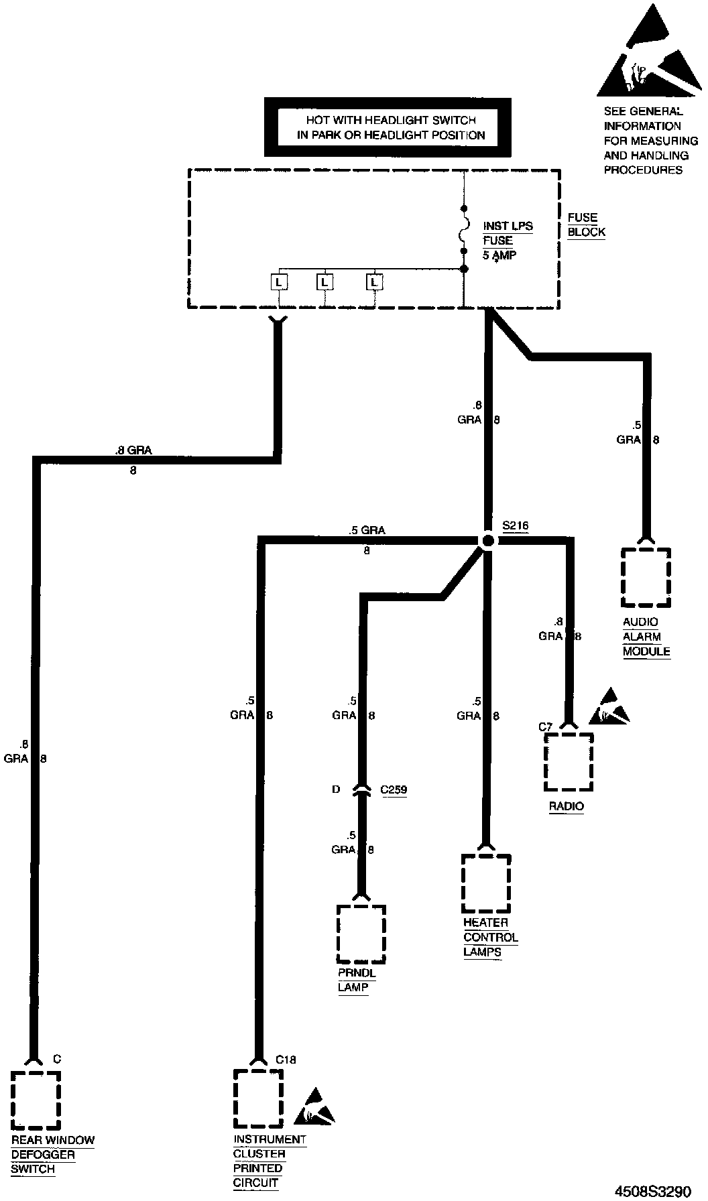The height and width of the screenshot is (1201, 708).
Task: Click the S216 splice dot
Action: tap(488, 540)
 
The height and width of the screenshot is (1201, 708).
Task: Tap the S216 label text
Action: tap(515, 526)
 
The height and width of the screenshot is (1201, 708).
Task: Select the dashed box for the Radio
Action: tap(569, 762)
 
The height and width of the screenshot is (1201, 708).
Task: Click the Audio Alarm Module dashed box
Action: tap(646, 577)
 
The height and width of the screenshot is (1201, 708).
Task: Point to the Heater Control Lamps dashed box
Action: tap(486, 883)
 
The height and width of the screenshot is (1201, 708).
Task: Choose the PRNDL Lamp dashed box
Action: tap(361, 934)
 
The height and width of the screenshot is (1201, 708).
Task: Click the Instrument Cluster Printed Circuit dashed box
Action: tap(258, 1098)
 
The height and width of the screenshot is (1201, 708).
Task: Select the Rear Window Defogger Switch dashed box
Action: tap(36, 1100)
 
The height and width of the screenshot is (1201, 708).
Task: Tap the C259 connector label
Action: tap(394, 789)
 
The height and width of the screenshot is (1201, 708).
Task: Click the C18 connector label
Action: tap(286, 1060)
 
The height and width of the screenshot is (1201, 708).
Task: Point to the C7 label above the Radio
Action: tap(545, 726)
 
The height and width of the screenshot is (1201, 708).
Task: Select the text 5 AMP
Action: tap(499, 255)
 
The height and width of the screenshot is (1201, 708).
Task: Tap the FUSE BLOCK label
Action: tap(586, 225)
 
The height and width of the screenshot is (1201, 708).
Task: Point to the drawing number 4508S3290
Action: tap(652, 1190)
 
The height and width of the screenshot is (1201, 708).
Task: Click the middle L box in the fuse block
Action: tap(324, 282)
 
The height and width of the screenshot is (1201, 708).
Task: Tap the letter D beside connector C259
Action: tap(336, 789)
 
